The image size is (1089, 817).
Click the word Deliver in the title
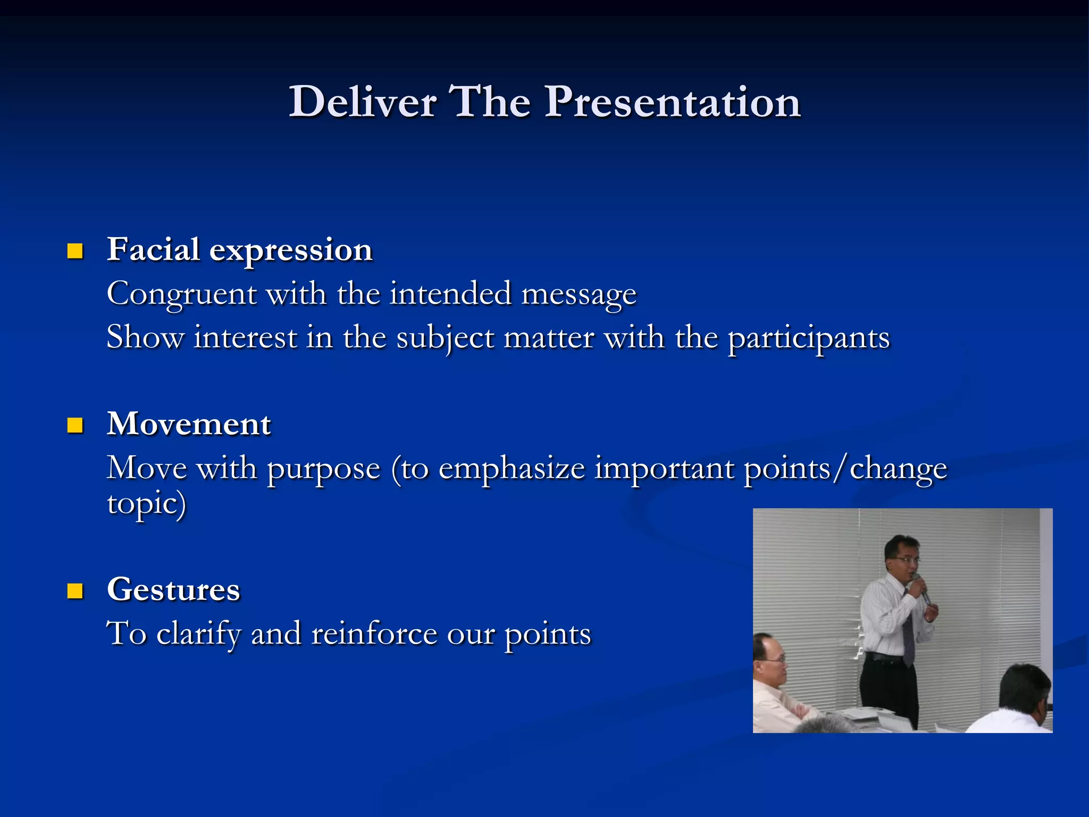(x=363, y=102)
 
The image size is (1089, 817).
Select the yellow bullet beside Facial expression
(x=76, y=251)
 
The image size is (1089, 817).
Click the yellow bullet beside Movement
(x=76, y=425)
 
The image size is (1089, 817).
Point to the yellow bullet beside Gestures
(x=76, y=590)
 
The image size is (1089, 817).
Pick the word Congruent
(x=181, y=294)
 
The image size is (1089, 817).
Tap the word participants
(x=808, y=338)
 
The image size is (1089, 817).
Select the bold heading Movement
(x=189, y=424)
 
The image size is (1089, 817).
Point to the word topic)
(x=146, y=503)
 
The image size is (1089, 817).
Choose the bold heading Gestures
(x=173, y=589)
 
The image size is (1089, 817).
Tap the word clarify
(x=198, y=634)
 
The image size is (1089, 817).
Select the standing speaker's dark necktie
(x=908, y=633)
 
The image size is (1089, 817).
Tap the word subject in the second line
(x=445, y=338)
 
